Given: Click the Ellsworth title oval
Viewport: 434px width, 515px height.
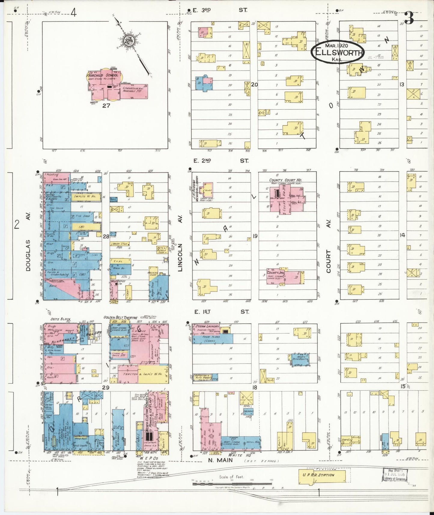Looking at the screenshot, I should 338,52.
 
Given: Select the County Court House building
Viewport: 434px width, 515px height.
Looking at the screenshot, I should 287,199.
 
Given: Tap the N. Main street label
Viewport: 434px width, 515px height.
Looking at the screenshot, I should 220,459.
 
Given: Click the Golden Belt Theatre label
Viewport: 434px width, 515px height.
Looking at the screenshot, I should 120,318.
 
